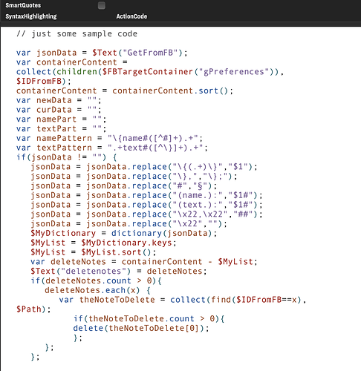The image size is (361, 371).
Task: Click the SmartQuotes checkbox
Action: tap(102, 5)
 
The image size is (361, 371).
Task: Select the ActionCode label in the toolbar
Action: tap(131, 16)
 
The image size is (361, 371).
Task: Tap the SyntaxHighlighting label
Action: tap(31, 16)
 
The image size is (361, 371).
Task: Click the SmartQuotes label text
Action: tap(23, 5)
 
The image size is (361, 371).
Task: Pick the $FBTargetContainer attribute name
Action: tap(147, 72)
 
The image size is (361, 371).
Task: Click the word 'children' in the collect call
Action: tap(77, 72)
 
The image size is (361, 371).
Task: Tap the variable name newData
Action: tap(54, 100)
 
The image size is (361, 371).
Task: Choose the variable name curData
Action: tap(54, 110)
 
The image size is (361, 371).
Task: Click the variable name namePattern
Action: tap(64, 138)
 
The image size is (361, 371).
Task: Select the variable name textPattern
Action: tap(64, 148)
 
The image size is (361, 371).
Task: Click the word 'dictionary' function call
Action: tap(137, 233)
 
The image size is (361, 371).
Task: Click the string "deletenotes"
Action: tap(94, 272)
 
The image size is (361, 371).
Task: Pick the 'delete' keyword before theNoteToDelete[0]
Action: tap(88, 328)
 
